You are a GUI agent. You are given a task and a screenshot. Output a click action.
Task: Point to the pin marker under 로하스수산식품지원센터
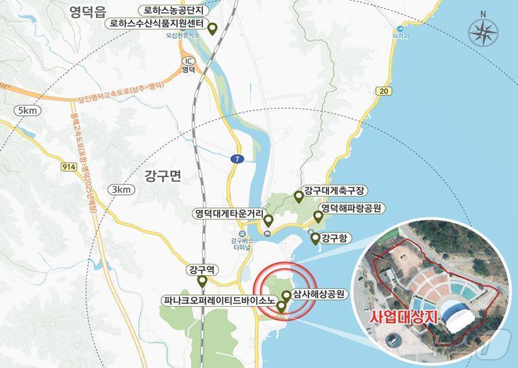pyautogui.click(x=212, y=29)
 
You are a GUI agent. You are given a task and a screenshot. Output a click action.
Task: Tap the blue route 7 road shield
pyautogui.click(x=236, y=159)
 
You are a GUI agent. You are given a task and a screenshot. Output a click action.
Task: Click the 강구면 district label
pyautogui.click(x=162, y=176)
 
